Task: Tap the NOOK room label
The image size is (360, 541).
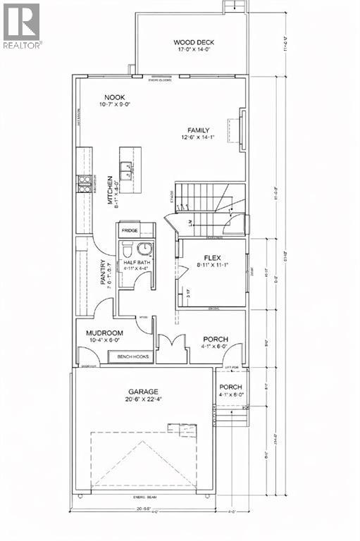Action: tap(116, 98)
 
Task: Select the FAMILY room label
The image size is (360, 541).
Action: tap(200, 130)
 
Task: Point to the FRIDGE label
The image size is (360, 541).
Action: tap(129, 231)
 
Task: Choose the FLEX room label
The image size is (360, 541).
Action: tap(213, 258)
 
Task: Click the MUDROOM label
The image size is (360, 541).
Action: tap(105, 333)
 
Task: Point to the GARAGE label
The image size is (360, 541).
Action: tap(143, 392)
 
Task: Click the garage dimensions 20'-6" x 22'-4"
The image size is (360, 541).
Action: tap(143, 400)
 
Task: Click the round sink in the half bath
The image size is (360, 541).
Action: tap(145, 248)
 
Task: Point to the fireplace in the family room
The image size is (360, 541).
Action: tap(237, 130)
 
